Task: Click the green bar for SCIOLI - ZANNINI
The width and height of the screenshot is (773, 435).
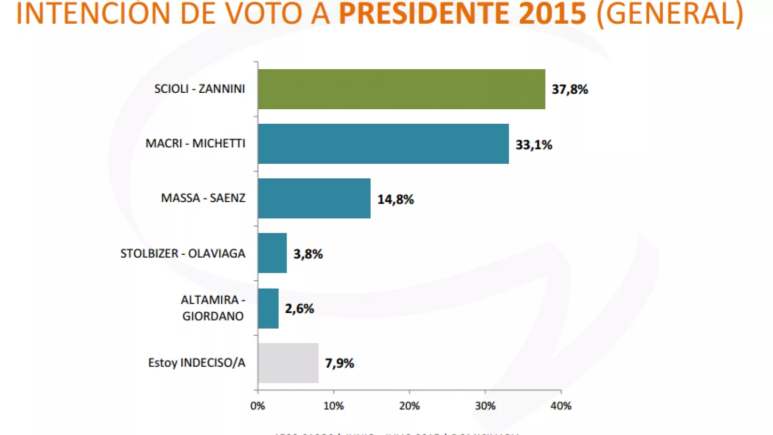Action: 401,89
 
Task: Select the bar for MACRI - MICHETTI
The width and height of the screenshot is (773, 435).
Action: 383,144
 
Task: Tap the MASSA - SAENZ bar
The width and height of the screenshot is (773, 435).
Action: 314,198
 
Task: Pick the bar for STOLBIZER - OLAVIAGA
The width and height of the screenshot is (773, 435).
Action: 272,253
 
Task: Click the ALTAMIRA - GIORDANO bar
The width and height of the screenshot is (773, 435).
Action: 268,308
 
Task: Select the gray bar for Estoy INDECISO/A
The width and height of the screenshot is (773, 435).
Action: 288,363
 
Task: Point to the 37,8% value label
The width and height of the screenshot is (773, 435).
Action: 570,89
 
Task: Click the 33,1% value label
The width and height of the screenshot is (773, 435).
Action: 533,145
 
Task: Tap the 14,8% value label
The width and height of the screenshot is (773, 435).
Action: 395,199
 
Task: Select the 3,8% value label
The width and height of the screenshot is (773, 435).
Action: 308,254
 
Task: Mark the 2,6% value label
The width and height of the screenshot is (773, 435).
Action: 299,308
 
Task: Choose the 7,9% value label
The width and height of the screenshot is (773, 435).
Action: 339,363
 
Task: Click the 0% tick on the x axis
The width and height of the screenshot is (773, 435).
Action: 258,406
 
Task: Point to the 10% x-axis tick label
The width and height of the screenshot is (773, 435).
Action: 333,406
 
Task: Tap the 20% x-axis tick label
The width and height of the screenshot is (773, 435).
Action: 409,406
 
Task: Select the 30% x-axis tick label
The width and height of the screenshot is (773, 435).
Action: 485,406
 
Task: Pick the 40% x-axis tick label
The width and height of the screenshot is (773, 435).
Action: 560,406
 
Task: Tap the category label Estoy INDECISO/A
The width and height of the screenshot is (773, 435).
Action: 197,362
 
